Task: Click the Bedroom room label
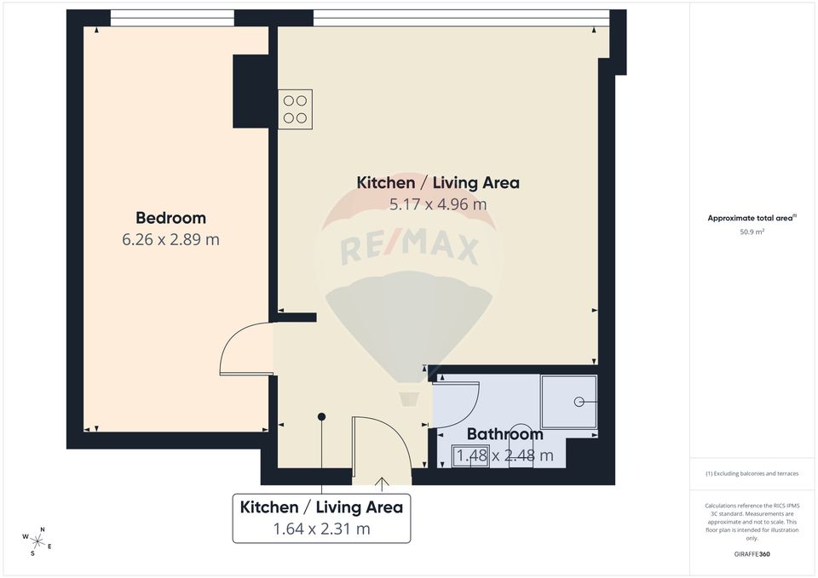coord(170,218)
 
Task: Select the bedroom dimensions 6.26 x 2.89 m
coord(170,240)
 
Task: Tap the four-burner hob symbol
coord(295,109)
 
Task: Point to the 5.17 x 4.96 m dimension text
coord(437,204)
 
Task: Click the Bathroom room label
coord(504,435)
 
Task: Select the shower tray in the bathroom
coord(569,401)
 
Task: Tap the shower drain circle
coord(579,401)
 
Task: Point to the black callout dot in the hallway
coord(321,416)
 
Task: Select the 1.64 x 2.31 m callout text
coord(321,529)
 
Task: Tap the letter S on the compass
coord(32,552)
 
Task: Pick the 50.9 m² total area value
coord(751,231)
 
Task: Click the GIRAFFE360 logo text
coord(751,554)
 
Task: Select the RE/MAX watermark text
coord(409,249)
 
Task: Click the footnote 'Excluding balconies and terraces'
coord(752,473)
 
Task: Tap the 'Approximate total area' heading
coord(751,218)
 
